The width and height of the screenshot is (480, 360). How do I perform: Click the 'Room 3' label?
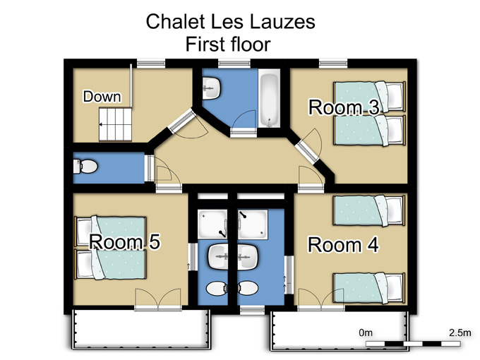coord(344,107)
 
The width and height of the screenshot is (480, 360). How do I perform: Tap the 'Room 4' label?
coord(343,245)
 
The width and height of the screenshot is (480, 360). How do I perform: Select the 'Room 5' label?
coord(125,241)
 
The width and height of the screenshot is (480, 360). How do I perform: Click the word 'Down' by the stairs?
coord(102,97)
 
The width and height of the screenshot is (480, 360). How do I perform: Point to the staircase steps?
coord(115,124)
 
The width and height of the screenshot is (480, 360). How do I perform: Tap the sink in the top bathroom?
coord(211,88)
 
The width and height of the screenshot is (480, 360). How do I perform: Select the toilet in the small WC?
coord(85,167)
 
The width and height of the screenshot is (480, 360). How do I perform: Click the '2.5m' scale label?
coord(460,332)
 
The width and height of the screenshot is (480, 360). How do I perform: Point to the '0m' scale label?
coord(366,332)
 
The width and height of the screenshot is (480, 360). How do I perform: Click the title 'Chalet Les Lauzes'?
coord(231,21)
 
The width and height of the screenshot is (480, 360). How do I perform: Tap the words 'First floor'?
coord(228,44)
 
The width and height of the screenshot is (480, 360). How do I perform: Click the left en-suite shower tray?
coord(212,224)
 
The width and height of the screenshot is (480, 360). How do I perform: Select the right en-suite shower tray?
coord(253,224)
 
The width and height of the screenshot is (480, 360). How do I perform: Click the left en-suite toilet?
coord(217,289)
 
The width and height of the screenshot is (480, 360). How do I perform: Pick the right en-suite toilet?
coord(248,289)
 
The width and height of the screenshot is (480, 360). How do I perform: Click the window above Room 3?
coord(333,64)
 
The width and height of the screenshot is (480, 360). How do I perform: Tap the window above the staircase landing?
coord(151,64)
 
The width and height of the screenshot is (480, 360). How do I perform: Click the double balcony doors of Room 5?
coord(158,299)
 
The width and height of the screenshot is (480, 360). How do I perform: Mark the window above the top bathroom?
coord(234,64)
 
